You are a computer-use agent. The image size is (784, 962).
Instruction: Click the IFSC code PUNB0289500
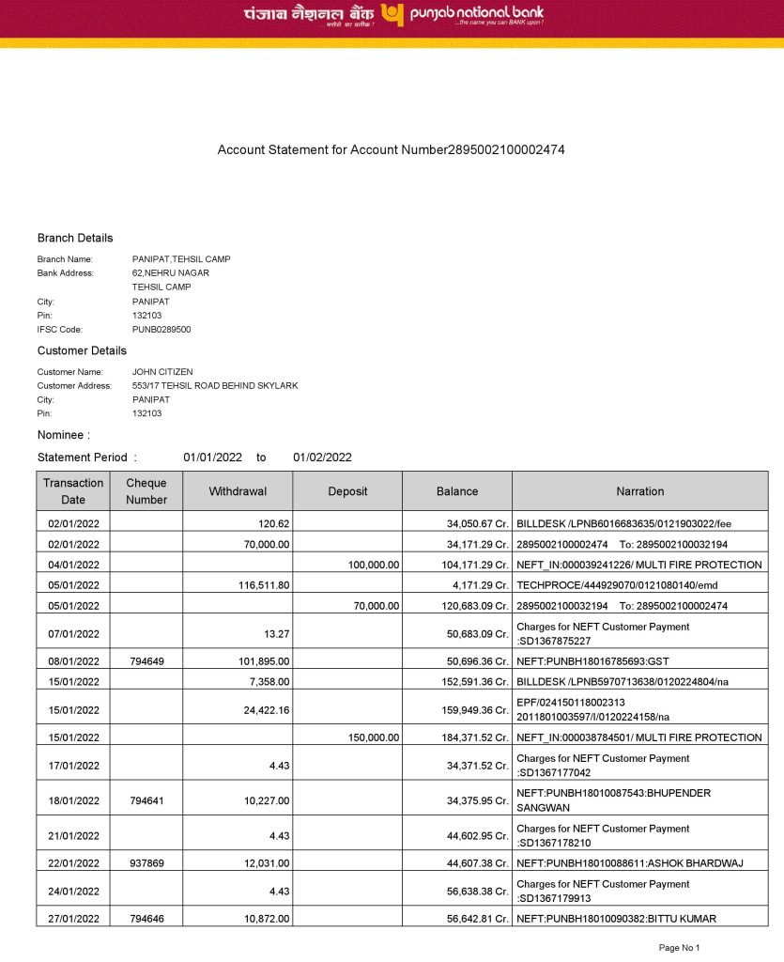161,330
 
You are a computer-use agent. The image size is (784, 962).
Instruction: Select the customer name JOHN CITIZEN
162,372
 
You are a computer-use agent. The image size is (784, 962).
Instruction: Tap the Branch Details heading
75,239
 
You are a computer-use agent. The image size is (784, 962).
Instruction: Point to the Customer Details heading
82,351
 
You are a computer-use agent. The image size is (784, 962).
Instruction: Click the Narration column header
639,491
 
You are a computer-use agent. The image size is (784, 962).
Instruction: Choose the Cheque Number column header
146,491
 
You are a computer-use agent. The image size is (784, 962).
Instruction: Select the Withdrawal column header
238,491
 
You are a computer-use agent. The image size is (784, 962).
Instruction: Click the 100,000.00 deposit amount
374,565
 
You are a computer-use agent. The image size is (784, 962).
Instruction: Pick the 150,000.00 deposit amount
374,738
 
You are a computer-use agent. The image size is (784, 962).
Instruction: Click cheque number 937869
146,863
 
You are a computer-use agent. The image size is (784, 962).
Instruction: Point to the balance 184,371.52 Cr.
475,738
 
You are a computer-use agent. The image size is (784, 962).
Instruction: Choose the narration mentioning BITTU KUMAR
623,919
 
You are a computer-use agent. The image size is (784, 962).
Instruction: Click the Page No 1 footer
680,948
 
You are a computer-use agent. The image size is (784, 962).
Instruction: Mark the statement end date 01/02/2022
322,458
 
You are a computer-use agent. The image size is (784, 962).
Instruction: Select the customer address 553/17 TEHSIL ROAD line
215,386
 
